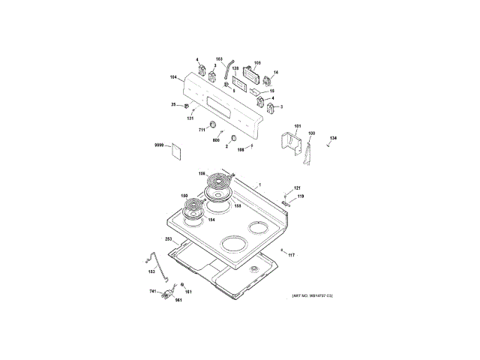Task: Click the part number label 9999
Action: click(x=159, y=143)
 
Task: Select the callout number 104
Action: click(x=173, y=77)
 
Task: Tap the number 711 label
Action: click(x=202, y=130)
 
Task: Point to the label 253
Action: click(x=169, y=239)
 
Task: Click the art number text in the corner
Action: click(x=313, y=298)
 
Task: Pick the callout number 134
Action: click(x=334, y=137)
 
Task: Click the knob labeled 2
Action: click(x=235, y=139)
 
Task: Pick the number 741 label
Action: click(x=153, y=290)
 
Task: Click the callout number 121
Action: click(x=297, y=187)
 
